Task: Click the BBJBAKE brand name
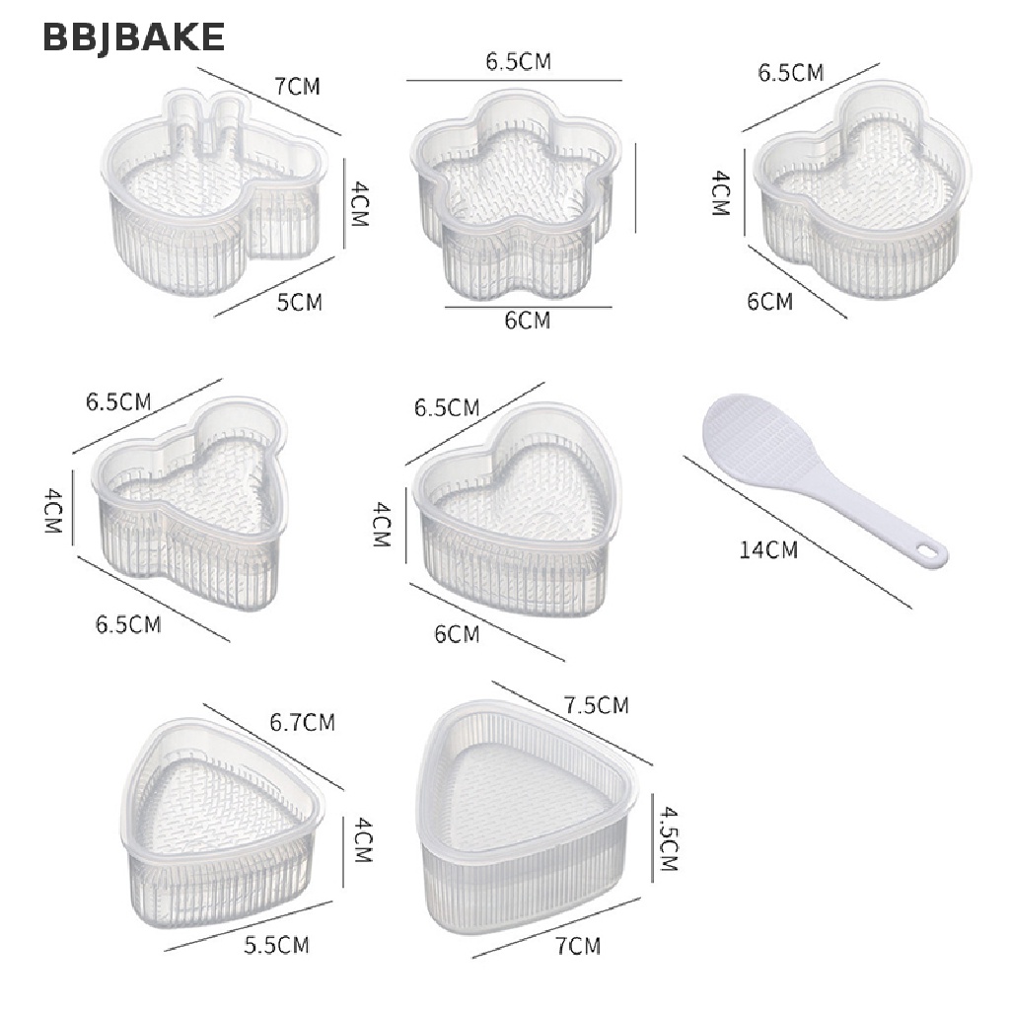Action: click(133, 36)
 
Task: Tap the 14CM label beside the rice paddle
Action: click(767, 550)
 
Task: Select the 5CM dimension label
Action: click(299, 302)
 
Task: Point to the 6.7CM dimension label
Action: click(302, 722)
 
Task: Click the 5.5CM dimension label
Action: click(276, 945)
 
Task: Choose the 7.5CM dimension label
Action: click(597, 704)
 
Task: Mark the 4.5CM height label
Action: click(669, 838)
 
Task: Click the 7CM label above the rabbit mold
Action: click(297, 86)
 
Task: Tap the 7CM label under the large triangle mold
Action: click(578, 946)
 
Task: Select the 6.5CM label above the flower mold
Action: click(519, 61)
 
